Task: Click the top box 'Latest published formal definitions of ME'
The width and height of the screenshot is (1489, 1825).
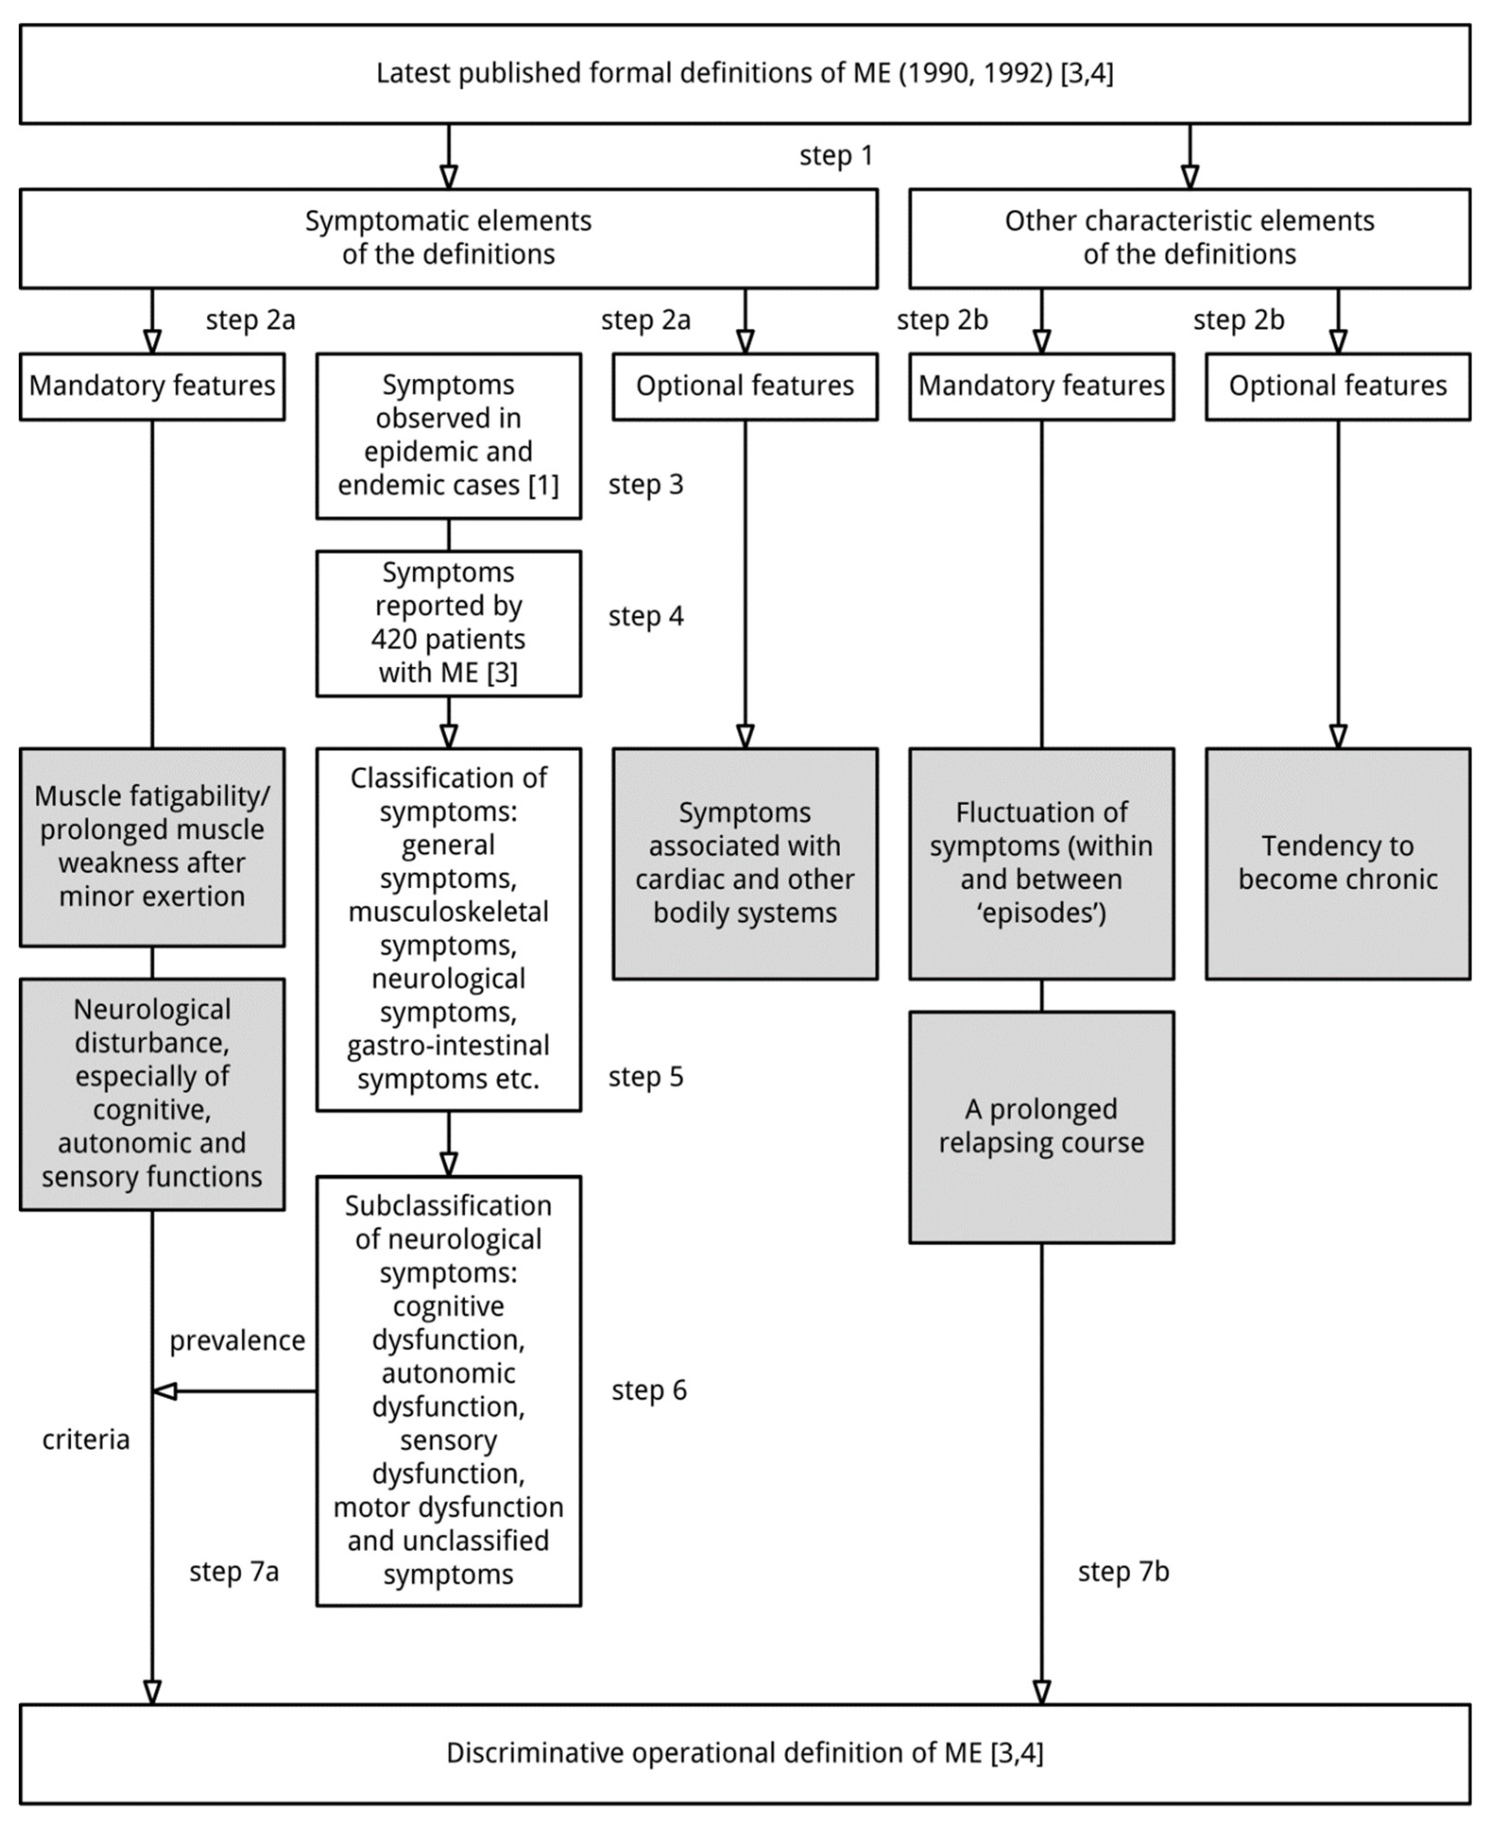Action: pyautogui.click(x=744, y=74)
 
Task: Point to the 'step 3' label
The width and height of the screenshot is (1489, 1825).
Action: pyautogui.click(x=646, y=484)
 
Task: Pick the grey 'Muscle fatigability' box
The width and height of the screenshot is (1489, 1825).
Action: pyautogui.click(x=152, y=846)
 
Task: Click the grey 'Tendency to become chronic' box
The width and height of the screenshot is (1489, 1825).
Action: pyautogui.click(x=1337, y=863)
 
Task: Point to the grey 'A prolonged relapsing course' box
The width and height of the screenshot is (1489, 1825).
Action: pyautogui.click(x=1041, y=1126)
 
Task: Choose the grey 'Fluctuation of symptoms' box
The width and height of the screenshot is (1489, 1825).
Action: pyautogui.click(x=1041, y=863)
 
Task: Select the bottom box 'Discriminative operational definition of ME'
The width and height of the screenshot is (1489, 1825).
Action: pyautogui.click(x=744, y=1753)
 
